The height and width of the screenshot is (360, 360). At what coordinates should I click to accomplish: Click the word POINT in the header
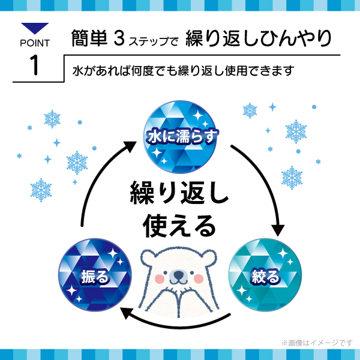pyautogui.click(x=35, y=43)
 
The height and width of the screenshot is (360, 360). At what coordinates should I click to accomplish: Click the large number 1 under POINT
pyautogui.click(x=34, y=65)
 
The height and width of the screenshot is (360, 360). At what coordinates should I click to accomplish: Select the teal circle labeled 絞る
pyautogui.click(x=264, y=276)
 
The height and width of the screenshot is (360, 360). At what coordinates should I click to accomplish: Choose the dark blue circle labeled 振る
pyautogui.click(x=94, y=276)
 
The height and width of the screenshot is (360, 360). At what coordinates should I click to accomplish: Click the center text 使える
pyautogui.click(x=179, y=226)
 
